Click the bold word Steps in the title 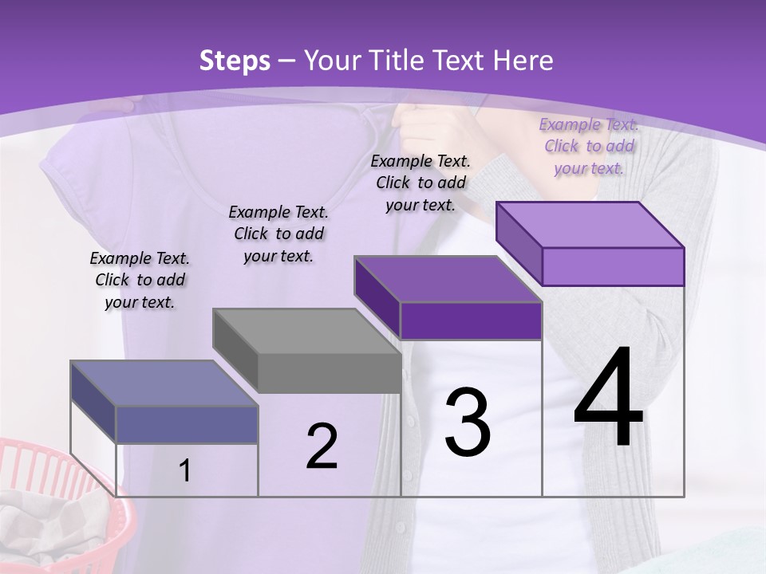click(235, 61)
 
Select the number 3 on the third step click(467, 423)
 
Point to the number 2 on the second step click(322, 446)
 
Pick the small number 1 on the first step click(184, 471)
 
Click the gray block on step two click(307, 351)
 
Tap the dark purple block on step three click(448, 299)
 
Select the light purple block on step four click(590, 244)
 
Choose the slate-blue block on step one click(164, 403)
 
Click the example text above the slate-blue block click(140, 280)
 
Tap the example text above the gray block click(278, 234)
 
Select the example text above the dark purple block click(421, 183)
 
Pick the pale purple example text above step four click(589, 146)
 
